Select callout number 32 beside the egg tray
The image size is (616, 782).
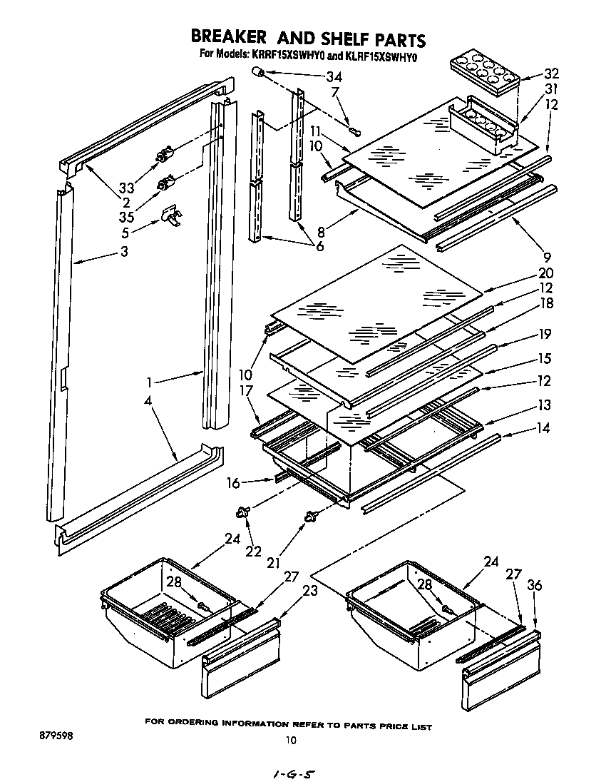click(x=551, y=73)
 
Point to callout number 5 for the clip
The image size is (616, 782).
click(x=125, y=232)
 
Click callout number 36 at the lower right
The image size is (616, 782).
click(x=535, y=585)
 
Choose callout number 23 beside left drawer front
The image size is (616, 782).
click(x=309, y=591)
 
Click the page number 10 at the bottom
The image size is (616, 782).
click(x=289, y=740)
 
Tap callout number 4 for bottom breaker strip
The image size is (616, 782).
click(x=148, y=402)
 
